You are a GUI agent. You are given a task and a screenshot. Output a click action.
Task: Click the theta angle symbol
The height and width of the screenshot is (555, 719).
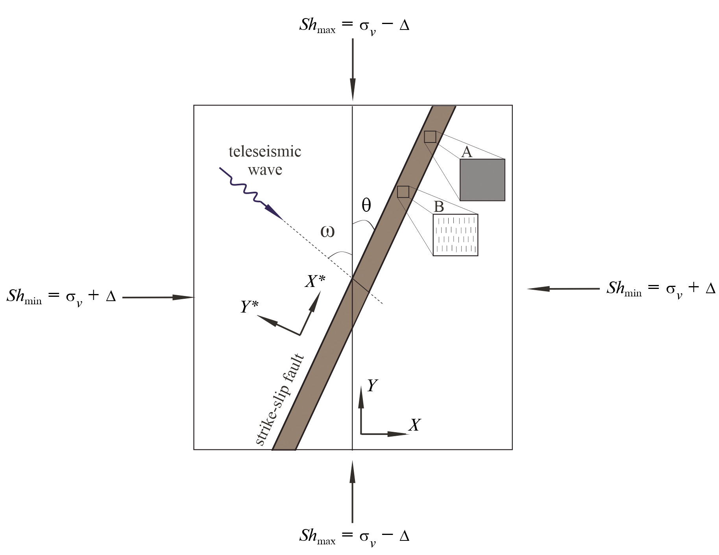click(x=366, y=205)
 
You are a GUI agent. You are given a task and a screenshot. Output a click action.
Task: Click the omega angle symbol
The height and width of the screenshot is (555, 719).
click(x=327, y=232)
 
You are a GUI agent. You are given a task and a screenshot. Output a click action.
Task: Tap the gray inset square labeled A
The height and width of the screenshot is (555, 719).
click(x=482, y=180)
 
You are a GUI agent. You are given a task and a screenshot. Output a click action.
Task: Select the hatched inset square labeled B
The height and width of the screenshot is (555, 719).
click(x=456, y=235)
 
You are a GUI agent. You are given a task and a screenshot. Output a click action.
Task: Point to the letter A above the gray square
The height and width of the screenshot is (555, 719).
click(x=467, y=152)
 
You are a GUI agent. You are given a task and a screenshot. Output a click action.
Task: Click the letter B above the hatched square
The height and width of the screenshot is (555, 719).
click(x=439, y=207)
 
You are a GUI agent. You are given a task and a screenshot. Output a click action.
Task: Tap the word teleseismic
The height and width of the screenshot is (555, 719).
click(x=265, y=152)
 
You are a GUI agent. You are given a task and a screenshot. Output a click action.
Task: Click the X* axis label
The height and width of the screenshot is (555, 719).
click(x=315, y=281)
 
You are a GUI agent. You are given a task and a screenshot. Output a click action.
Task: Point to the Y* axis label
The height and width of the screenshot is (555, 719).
click(x=250, y=307)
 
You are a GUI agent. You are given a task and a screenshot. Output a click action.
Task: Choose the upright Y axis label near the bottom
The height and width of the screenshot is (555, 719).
click(x=372, y=386)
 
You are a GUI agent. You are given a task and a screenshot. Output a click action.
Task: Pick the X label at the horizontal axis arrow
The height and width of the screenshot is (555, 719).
click(x=414, y=425)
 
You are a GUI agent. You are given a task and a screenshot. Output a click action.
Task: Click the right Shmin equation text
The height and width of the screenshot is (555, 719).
click(x=661, y=289)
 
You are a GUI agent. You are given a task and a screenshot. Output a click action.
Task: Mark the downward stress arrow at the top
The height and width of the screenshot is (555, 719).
click(x=353, y=70)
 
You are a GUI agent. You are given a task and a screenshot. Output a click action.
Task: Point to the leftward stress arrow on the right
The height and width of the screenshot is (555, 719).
click(x=564, y=289)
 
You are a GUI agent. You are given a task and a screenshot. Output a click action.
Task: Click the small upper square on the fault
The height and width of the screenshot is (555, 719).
click(x=430, y=137)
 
